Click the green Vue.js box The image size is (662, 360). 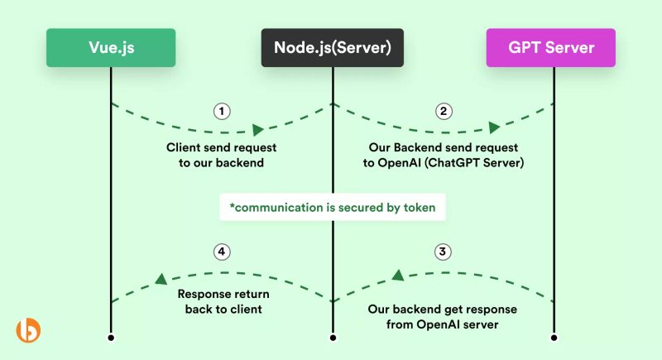[111, 47]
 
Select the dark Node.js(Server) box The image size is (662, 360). [333, 47]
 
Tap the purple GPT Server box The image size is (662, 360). [551, 47]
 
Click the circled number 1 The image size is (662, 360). [221, 111]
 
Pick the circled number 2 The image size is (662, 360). [444, 111]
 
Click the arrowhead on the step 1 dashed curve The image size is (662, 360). [258, 130]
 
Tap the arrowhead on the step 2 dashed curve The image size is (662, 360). [494, 127]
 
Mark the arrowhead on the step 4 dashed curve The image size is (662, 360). [161, 279]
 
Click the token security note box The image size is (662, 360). [333, 208]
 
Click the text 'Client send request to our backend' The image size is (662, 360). [221, 155]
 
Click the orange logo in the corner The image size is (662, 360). [28, 329]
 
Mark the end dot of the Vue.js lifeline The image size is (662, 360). [111, 338]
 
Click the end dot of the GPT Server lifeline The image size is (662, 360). [554, 338]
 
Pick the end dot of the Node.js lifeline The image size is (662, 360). [333, 338]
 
